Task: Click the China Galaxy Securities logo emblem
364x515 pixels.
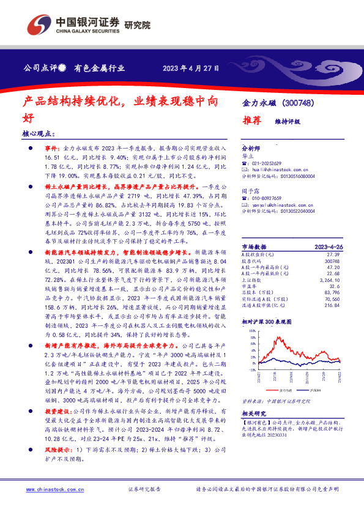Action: click(x=39, y=26)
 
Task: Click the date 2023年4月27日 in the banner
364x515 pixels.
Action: click(x=191, y=69)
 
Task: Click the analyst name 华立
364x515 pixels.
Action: click(x=248, y=156)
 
